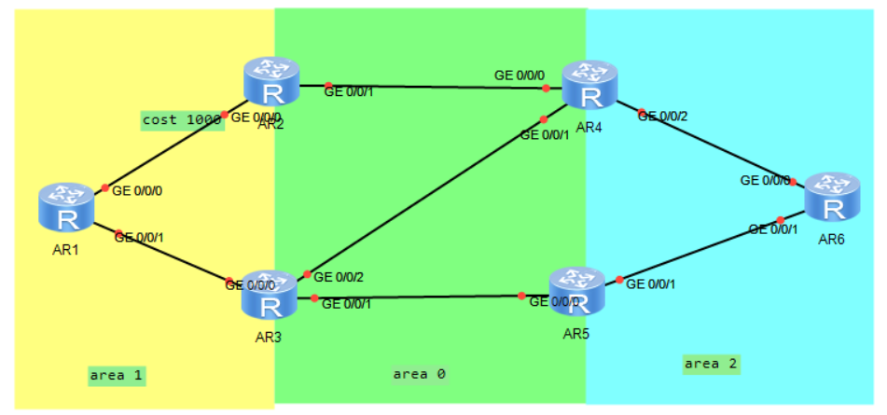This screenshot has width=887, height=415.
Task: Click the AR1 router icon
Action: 66,207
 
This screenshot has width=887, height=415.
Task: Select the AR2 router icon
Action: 271,81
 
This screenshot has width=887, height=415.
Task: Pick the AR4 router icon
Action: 589,86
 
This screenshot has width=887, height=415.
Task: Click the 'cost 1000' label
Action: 181,119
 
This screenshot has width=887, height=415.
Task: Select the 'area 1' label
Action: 118,375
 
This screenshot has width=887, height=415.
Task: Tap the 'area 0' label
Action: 419,374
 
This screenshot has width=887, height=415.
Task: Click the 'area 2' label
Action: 712,363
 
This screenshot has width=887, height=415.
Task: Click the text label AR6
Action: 831,240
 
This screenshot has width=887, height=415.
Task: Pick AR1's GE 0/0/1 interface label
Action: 139,237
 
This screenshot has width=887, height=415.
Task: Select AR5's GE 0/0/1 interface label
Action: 651,284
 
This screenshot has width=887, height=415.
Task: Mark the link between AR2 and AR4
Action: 429,87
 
